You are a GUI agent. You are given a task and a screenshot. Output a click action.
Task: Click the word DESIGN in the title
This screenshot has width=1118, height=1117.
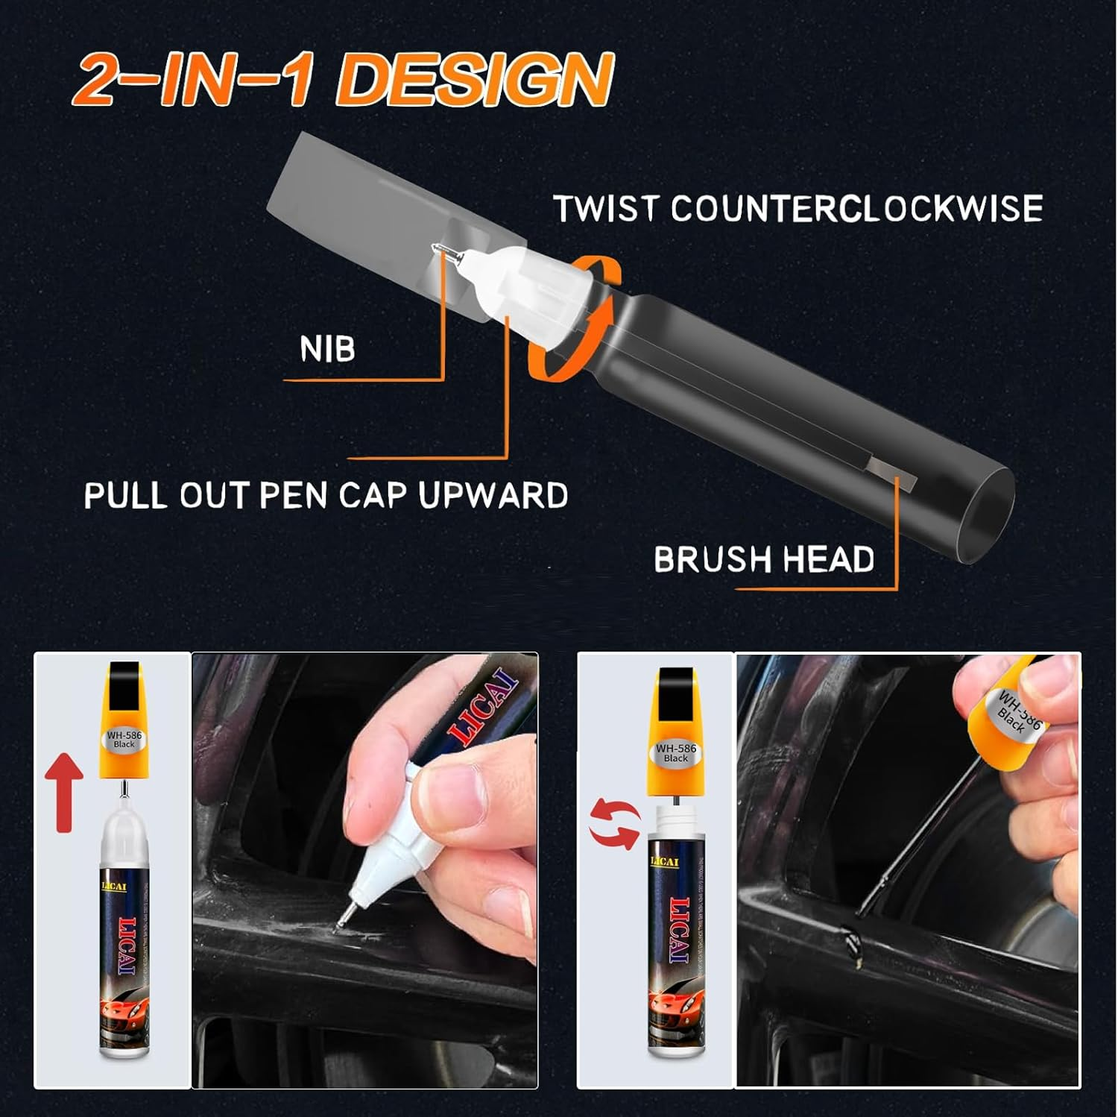tap(477, 81)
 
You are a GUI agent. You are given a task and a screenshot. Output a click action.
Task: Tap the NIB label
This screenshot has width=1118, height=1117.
tap(327, 349)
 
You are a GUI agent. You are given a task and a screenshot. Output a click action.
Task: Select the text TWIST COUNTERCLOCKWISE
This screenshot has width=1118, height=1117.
tap(798, 209)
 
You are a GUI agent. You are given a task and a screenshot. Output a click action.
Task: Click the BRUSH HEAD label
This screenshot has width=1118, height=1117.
tap(764, 559)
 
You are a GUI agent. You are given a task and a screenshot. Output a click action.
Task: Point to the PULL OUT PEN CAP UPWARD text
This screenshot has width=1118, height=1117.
tap(326, 496)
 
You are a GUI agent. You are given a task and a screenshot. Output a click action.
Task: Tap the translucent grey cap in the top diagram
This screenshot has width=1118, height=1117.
tap(388, 201)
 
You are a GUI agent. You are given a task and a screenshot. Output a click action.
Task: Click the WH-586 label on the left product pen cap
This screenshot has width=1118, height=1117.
tap(124, 739)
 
